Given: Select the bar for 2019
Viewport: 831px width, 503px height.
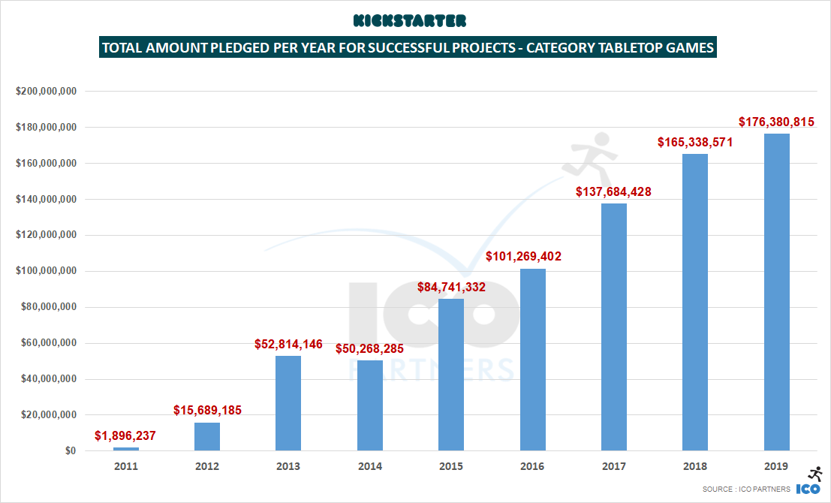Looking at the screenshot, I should pyautogui.click(x=776, y=292).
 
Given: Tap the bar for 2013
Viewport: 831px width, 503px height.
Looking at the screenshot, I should pyautogui.click(x=288, y=403).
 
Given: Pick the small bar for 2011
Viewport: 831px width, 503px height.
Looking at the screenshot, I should pyautogui.click(x=126, y=449).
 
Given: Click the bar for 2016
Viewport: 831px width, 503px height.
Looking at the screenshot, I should pyautogui.click(x=532, y=360).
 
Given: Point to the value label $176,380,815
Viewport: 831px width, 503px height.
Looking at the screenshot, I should pyautogui.click(x=776, y=122).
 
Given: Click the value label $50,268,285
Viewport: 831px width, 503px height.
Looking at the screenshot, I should pyautogui.click(x=369, y=349).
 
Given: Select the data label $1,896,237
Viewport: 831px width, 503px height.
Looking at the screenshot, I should pyautogui.click(x=125, y=435).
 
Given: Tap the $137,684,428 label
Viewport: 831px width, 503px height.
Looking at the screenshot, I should pyautogui.click(x=613, y=192).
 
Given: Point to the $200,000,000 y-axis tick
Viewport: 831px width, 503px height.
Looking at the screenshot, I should pyautogui.click(x=46, y=92).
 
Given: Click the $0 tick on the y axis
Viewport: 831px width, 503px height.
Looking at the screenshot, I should pyautogui.click(x=69, y=451).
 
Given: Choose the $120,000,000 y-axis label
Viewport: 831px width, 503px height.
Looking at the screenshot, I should pyautogui.click(x=46, y=235).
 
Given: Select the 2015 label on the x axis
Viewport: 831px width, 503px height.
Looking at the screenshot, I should pyautogui.click(x=451, y=466).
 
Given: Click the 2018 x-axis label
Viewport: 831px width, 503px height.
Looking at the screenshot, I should pyautogui.click(x=695, y=466).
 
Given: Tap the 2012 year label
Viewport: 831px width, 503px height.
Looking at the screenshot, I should pyautogui.click(x=207, y=466).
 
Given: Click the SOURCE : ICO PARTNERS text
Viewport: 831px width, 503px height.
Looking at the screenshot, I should pyautogui.click(x=746, y=489).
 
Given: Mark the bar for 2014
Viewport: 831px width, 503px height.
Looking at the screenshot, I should pyautogui.click(x=369, y=405).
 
